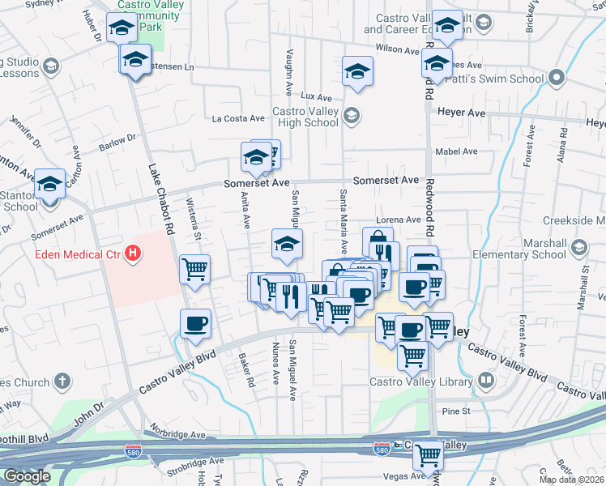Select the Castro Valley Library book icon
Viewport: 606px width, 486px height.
[485, 379]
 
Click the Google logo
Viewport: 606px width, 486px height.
[28, 476]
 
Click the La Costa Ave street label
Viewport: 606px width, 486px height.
[238, 118]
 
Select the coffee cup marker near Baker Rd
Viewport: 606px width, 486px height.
[195, 324]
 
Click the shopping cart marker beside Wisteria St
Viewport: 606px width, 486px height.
[194, 268]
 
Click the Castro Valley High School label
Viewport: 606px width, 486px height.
[305, 117]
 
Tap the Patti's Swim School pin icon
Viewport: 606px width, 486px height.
[556, 79]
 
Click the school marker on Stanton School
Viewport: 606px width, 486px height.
[49, 185]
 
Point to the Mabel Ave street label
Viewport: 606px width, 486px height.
[456, 151]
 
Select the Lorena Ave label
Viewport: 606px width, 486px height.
[398, 220]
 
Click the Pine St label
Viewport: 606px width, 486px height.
[456, 411]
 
